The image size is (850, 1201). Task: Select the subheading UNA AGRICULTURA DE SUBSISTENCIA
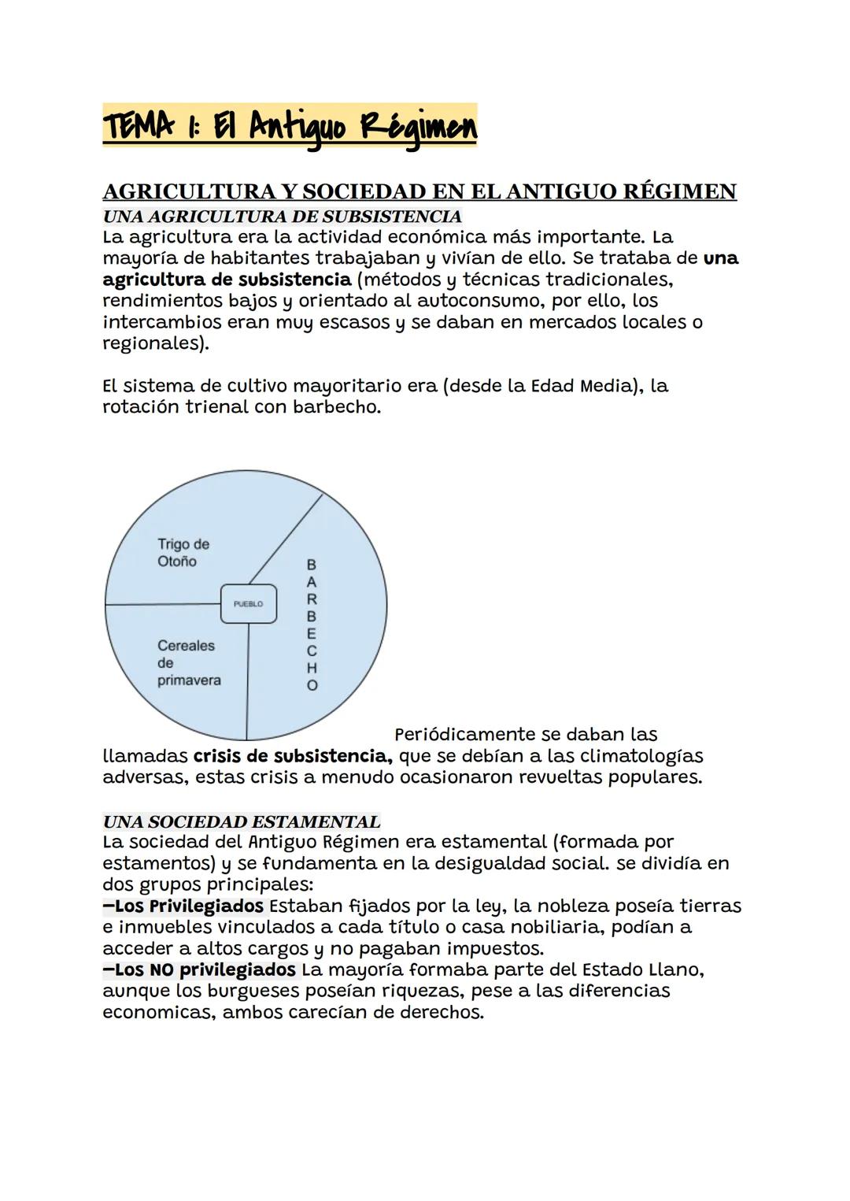click(282, 216)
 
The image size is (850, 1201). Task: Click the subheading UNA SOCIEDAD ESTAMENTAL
click(241, 821)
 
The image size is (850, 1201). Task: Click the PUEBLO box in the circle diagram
click(248, 604)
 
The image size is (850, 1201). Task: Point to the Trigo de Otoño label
click(183, 553)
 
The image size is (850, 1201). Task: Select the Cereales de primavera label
click(188, 662)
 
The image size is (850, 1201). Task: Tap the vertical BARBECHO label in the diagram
click(312, 625)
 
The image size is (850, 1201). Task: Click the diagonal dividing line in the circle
click(286, 539)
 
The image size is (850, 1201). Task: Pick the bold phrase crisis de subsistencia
click(292, 756)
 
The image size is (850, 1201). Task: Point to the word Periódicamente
click(464, 735)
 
